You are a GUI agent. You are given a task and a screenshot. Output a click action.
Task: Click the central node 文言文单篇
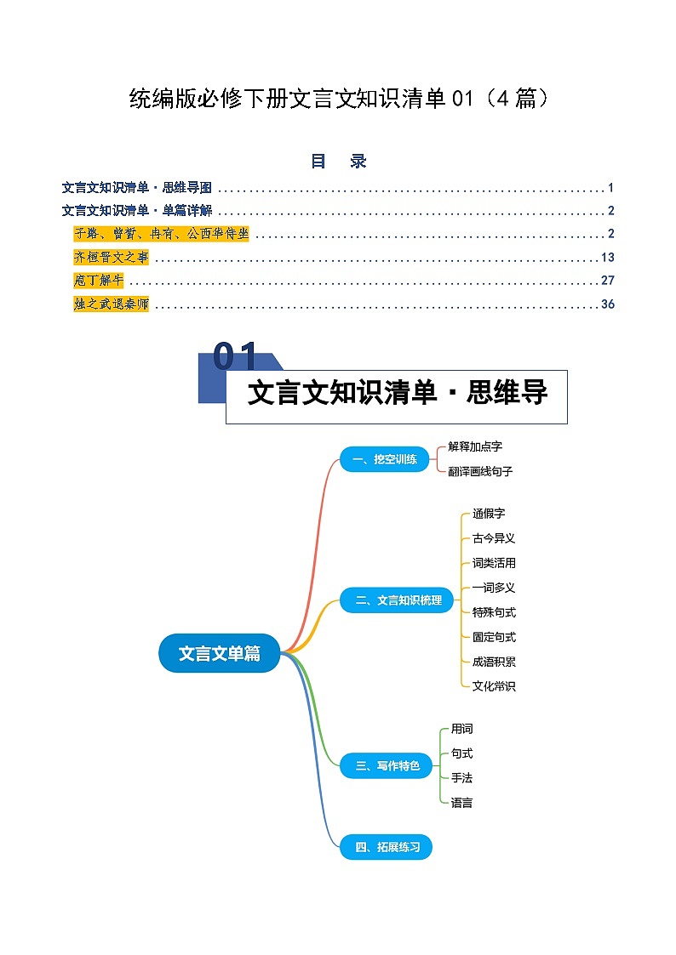(x=220, y=653)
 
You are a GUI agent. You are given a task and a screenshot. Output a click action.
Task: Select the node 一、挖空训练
(x=385, y=459)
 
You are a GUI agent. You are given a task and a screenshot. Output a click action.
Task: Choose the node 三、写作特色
(x=387, y=765)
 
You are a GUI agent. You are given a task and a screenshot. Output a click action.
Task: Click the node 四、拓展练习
(x=387, y=847)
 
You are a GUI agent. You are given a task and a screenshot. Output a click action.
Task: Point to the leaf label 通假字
(x=489, y=514)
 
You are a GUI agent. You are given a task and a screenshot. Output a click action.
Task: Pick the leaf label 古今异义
(x=494, y=538)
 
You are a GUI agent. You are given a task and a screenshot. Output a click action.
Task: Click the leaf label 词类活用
(x=494, y=563)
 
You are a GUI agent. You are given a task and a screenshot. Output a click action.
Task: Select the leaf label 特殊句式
(x=494, y=612)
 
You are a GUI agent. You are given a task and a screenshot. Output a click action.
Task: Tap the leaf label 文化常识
(x=494, y=686)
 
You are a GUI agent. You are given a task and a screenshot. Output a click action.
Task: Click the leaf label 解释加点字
(x=481, y=446)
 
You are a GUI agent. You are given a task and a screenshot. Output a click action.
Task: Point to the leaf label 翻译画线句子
(x=481, y=471)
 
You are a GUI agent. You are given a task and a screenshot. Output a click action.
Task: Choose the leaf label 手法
(x=461, y=777)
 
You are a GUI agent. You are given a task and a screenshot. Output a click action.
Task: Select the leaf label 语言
(x=461, y=802)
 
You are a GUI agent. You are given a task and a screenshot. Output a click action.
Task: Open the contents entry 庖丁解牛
(x=99, y=281)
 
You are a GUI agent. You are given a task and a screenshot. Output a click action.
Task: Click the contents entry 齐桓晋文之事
(x=111, y=258)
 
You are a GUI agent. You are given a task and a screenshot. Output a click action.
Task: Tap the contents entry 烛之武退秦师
(x=111, y=304)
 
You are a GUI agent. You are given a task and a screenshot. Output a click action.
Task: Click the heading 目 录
(x=338, y=162)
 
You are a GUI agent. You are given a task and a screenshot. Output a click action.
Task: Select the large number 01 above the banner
(x=235, y=357)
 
